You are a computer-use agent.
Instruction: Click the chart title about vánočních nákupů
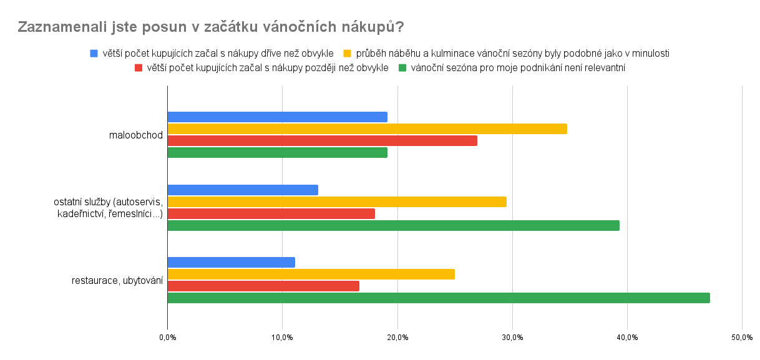pos(210,27)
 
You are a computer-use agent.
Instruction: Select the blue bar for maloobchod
pos(277,117)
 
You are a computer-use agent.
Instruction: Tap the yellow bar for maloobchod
pos(367,129)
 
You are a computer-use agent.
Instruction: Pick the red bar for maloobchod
pos(322,140)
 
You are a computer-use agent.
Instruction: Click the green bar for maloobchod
pos(277,152)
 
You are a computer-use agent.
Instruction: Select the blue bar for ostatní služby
pos(243,190)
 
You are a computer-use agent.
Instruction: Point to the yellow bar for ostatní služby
pos(337,202)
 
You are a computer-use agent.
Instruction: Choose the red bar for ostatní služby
pos(271,213)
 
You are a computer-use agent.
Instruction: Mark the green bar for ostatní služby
pos(393,225)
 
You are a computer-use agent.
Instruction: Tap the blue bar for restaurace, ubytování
pos(231,262)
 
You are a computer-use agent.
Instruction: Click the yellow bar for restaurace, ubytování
pos(311,274)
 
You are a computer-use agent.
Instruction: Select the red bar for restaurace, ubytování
pos(263,286)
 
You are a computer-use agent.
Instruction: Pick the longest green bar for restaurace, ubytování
pos(438,298)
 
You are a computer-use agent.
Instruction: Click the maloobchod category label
pos(135,135)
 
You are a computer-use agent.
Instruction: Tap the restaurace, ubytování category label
pos(117,280)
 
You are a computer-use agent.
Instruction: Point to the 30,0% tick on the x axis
pos(512,338)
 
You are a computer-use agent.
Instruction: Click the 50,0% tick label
pos(742,338)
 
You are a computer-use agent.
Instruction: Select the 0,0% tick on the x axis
pos(167,338)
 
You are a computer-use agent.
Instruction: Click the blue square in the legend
pos(94,53)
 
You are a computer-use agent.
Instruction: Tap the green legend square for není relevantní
pos(403,67)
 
